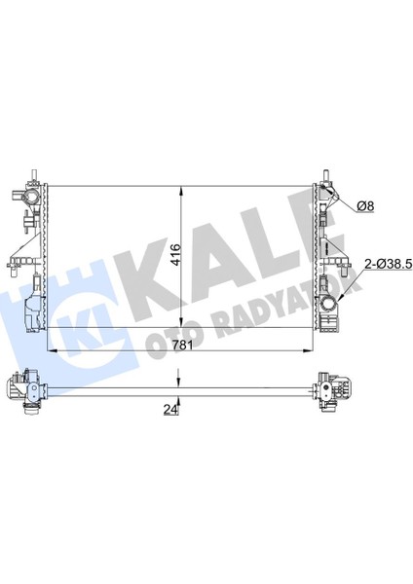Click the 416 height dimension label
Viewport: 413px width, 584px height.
point(176,254)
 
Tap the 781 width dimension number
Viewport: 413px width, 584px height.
point(182,345)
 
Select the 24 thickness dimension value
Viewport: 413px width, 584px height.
point(170,409)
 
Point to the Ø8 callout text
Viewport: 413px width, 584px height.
point(365,206)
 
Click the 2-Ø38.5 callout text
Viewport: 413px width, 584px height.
point(388,264)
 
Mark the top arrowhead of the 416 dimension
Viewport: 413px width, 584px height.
point(181,192)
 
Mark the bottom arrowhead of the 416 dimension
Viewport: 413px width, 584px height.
point(181,322)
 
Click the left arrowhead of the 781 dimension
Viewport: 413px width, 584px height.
point(52,350)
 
